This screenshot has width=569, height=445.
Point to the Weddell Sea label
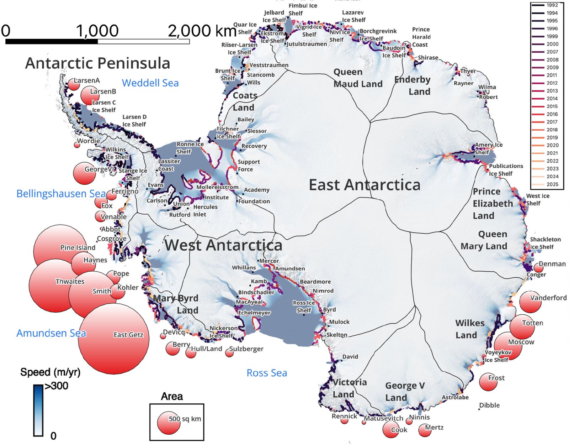coord(150,83)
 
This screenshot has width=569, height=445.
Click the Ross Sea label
coord(267,373)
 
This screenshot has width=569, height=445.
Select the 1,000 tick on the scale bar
coord(97,31)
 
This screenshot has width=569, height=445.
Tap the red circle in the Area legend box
coord(169,423)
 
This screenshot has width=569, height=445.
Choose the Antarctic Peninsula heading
coord(97,63)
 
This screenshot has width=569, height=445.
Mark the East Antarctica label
coord(365,185)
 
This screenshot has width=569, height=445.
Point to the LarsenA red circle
coord(74,84)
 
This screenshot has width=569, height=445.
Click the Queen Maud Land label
coord(357,78)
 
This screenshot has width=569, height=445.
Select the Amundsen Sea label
coord(51,333)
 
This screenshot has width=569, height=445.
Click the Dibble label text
coord(489,405)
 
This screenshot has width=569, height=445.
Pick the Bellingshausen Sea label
coord(61,194)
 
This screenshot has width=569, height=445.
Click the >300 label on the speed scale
coord(56,386)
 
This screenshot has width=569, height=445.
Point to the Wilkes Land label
coord(469,329)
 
